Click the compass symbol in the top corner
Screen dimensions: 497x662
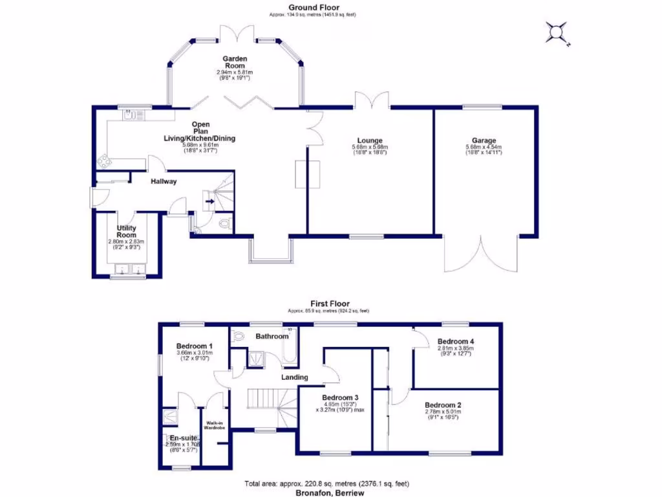click(x=556, y=32)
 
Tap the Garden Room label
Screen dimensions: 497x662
click(x=235, y=61)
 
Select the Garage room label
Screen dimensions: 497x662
click(x=484, y=140)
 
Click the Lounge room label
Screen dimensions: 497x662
click(x=370, y=140)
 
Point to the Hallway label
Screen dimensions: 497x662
click(x=164, y=182)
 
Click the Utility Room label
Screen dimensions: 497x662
click(x=126, y=232)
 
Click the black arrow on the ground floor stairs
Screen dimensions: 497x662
click(x=209, y=201)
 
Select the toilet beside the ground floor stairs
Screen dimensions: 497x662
click(x=224, y=224)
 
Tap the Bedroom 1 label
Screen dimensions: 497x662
click(x=195, y=346)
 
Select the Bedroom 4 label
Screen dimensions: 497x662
click(x=456, y=341)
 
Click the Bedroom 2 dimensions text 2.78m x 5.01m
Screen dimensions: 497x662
click(x=443, y=412)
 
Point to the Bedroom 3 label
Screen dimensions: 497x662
click(x=340, y=397)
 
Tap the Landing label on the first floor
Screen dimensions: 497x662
click(x=294, y=377)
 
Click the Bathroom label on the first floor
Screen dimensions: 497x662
click(x=272, y=337)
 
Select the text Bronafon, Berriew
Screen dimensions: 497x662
click(x=330, y=492)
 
